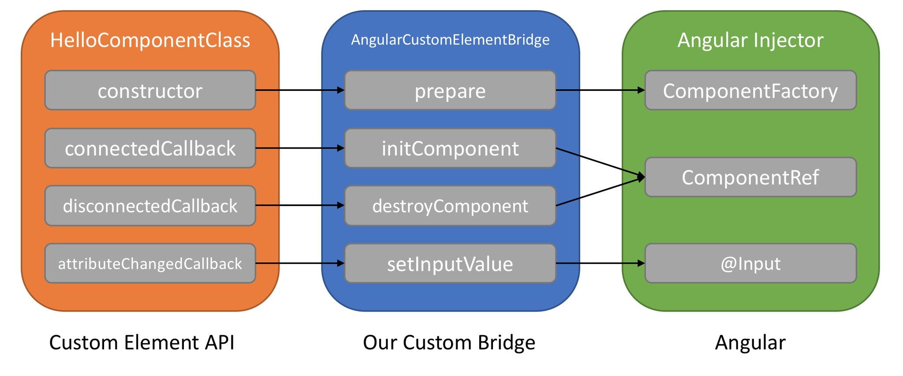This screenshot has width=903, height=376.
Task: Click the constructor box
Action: coord(150,90)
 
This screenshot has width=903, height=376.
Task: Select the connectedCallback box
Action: coord(150,148)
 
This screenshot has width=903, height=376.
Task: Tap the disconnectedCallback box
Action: coord(150,206)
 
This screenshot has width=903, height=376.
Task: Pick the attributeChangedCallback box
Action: coord(150,263)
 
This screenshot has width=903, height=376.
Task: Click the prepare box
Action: coord(450,90)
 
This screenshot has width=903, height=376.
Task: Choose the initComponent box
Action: coord(450,148)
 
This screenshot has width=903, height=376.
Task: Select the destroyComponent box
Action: coord(450,206)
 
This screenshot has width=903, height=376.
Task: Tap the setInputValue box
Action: coord(450,263)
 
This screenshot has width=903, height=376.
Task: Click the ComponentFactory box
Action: coord(750,90)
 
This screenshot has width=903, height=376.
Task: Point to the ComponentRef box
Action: coord(750,177)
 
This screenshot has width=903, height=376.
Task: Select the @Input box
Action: coord(750,263)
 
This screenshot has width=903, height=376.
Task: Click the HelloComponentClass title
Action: coord(150,40)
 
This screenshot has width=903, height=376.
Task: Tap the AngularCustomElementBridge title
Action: coord(450,40)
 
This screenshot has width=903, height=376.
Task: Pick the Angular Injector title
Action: coord(750,40)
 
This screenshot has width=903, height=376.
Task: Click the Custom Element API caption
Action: coord(142,342)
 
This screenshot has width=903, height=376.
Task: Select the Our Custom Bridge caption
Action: coord(449,342)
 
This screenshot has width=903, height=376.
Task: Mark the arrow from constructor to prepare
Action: coord(300,90)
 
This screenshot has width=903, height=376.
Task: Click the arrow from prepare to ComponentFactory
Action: coord(600,90)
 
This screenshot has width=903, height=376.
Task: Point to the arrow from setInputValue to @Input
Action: coord(600,263)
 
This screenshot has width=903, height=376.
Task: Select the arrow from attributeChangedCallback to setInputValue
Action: coord(300,263)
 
